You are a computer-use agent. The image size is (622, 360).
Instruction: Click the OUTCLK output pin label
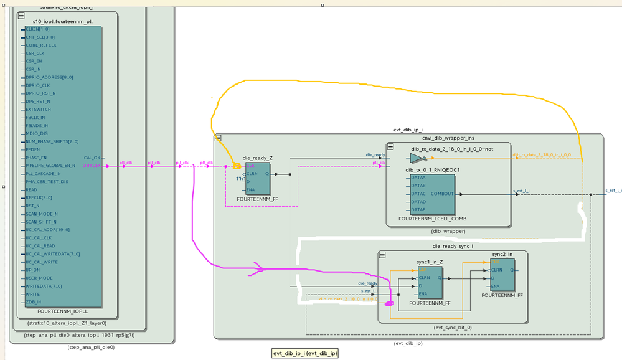(x=91, y=166)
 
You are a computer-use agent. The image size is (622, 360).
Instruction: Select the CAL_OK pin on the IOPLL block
(x=92, y=158)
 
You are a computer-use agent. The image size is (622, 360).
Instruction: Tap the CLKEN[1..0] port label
(x=37, y=29)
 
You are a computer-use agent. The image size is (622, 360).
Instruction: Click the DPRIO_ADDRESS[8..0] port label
(x=49, y=77)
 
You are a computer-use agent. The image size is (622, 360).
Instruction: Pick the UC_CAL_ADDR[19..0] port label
(x=48, y=230)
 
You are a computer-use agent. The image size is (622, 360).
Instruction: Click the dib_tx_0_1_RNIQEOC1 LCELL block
(x=432, y=194)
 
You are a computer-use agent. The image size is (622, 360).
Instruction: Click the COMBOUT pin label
(x=442, y=194)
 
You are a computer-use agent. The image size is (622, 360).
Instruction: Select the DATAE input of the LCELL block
(x=418, y=210)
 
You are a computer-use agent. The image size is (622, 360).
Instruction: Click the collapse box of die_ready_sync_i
(x=382, y=255)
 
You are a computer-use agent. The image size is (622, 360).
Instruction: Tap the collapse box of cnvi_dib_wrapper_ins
(x=390, y=146)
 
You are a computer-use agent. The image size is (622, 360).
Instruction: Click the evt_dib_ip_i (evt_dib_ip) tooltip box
(x=305, y=353)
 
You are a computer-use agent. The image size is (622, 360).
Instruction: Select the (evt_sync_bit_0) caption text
(x=453, y=327)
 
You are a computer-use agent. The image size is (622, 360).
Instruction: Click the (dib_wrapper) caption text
(x=448, y=231)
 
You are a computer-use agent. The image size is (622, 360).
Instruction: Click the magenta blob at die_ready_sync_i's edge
(x=388, y=303)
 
